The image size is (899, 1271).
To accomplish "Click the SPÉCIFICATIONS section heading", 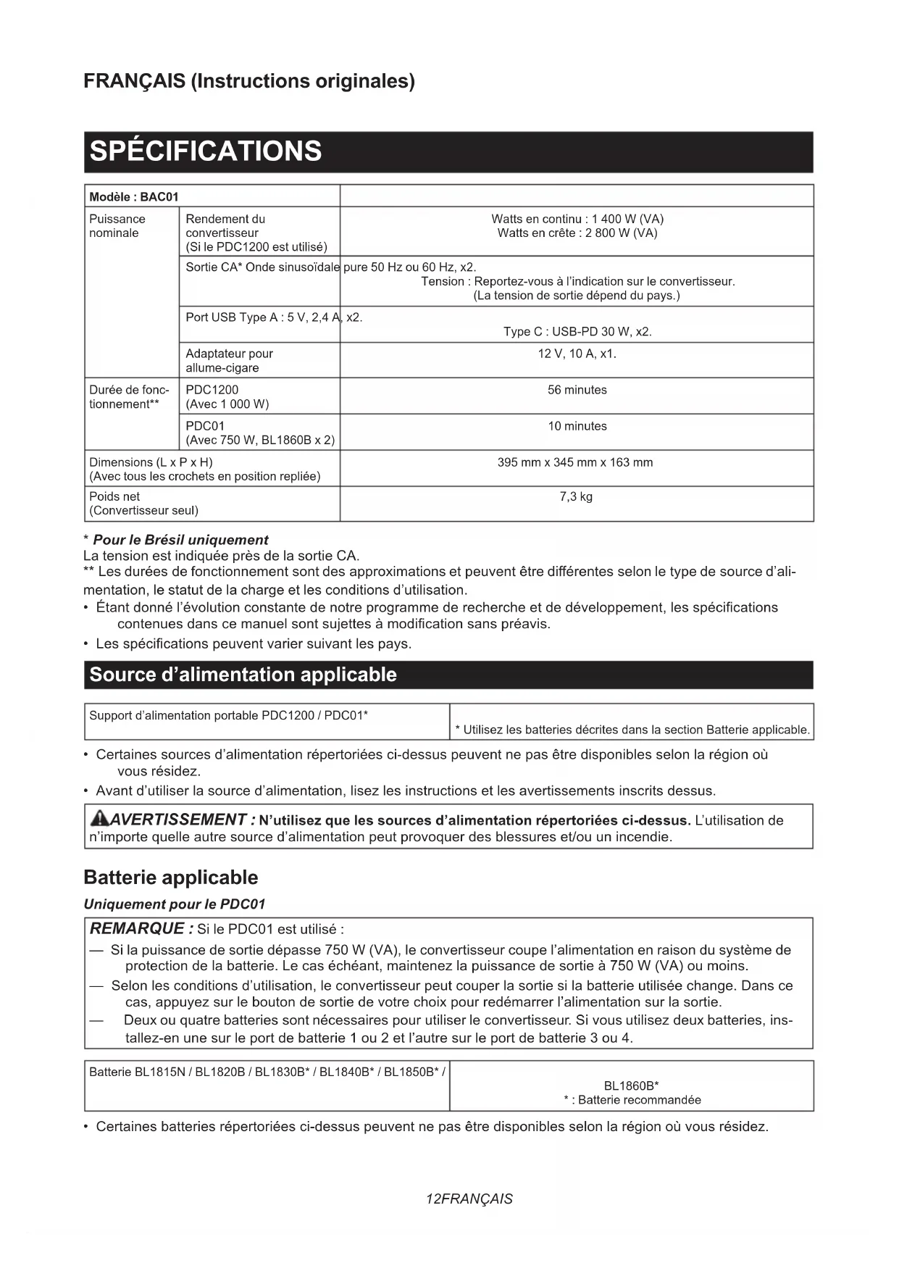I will pos(206,151).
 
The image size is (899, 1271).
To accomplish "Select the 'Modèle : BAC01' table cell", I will pos(134,197).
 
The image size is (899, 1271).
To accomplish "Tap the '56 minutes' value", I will pos(577,390).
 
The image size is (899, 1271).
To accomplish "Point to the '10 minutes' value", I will pos(577,426).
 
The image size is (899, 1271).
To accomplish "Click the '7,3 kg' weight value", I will pos(576,497).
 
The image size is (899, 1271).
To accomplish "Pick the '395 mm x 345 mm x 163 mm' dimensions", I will pos(575,462).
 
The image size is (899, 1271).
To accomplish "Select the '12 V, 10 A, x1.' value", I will pos(577,354).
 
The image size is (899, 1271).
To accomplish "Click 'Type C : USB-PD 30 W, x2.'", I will pos(577,332).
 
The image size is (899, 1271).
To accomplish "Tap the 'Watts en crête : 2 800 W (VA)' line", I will pos(577,233).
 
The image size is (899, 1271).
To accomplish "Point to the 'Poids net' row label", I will pos(114,497).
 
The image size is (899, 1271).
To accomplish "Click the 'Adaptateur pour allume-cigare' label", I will pos(229,361).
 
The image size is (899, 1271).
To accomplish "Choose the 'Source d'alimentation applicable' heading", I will pos(243,675).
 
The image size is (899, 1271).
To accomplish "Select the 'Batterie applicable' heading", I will pos(170,878).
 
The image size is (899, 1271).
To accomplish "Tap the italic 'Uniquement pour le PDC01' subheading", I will pos(175,904).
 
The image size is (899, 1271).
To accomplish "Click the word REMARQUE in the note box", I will pos(137,929).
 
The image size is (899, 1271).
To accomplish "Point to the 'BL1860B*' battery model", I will pos(631,1085).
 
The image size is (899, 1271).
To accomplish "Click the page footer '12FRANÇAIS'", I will pos(469,1199).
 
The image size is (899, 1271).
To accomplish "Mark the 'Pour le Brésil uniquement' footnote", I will pos(180,540).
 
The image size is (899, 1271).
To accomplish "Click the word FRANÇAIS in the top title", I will pos(134,81).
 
